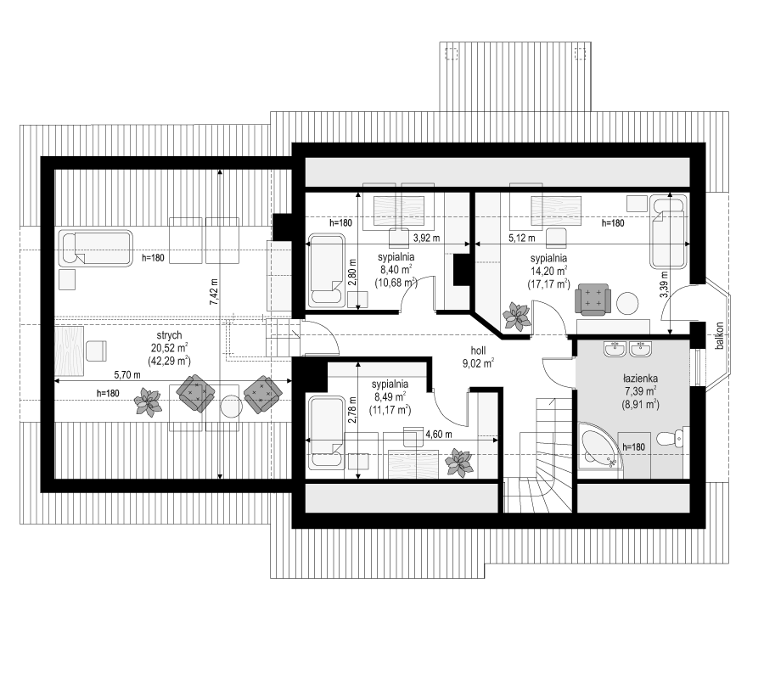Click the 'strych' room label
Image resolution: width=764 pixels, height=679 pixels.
click(169, 335)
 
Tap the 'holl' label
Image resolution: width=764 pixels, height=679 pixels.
click(478, 351)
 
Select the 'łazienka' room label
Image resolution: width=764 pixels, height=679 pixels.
click(640, 378)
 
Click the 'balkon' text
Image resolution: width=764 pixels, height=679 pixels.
click(719, 335)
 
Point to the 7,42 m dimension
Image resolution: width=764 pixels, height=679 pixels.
click(214, 292)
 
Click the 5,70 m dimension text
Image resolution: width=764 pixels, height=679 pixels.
click(127, 374)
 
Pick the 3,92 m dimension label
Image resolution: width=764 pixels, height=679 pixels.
click(426, 238)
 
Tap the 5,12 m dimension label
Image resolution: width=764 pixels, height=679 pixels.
click(522, 238)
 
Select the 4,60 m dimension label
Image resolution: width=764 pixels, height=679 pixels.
click(439, 434)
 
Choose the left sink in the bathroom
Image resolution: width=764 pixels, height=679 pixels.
click(615, 349)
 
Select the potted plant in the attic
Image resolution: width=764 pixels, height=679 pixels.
click(148, 401)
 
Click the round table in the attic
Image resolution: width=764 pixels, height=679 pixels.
click(230, 407)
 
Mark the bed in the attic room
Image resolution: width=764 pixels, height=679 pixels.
click(95, 249)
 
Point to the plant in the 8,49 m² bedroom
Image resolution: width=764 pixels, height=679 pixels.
click(458, 463)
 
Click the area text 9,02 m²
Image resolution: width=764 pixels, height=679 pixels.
click(478, 362)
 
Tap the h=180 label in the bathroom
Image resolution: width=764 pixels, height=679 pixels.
click(633, 446)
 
